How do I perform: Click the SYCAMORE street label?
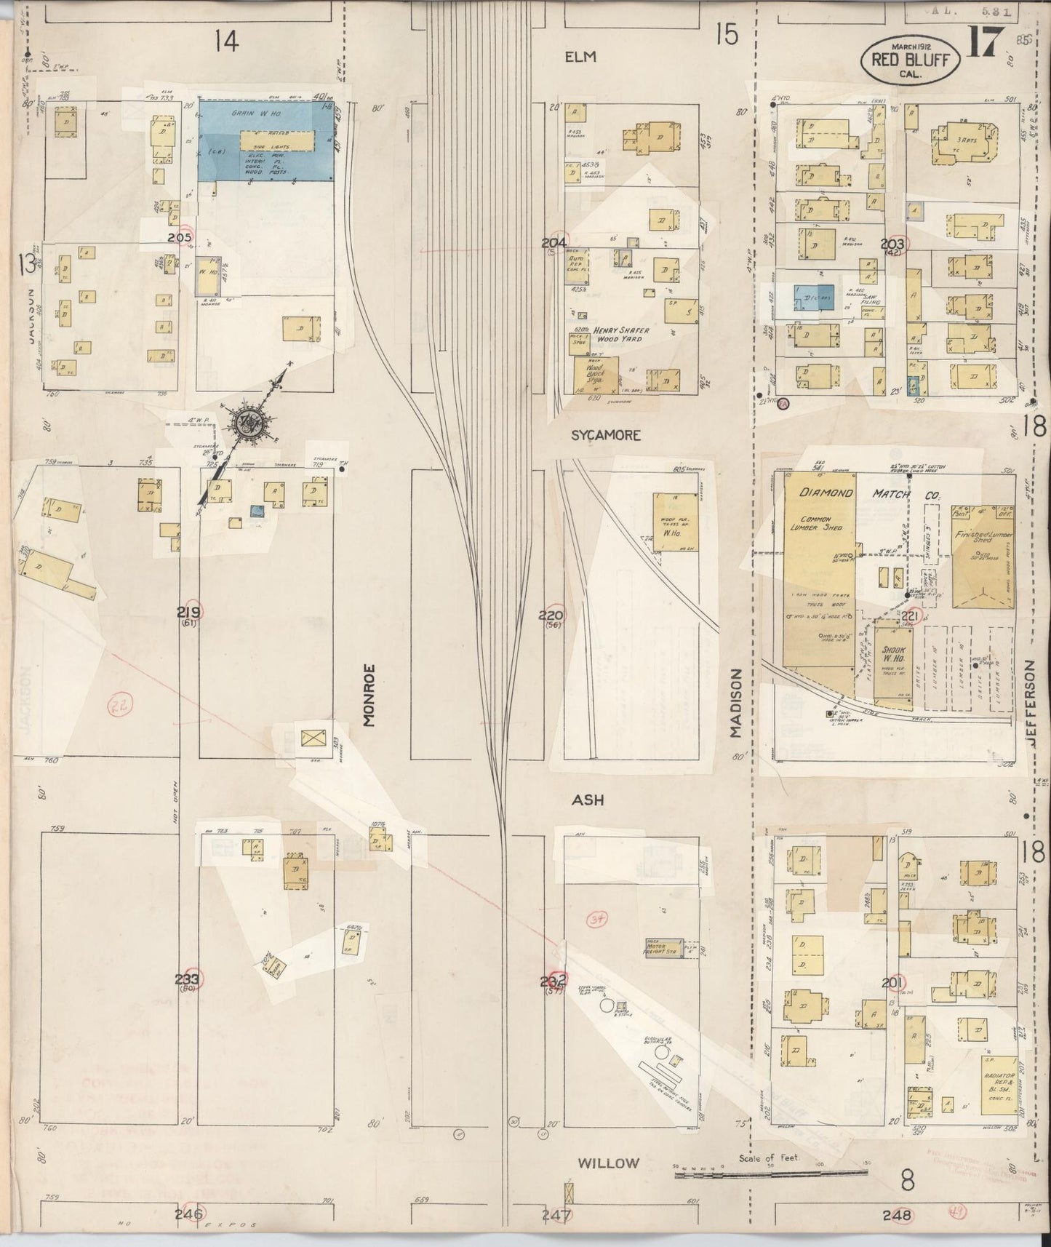tap(605, 435)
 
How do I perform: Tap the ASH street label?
tap(588, 800)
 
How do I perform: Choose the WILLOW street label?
tap(610, 1163)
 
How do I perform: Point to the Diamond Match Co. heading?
tap(869, 494)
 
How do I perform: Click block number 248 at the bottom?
tap(897, 1214)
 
